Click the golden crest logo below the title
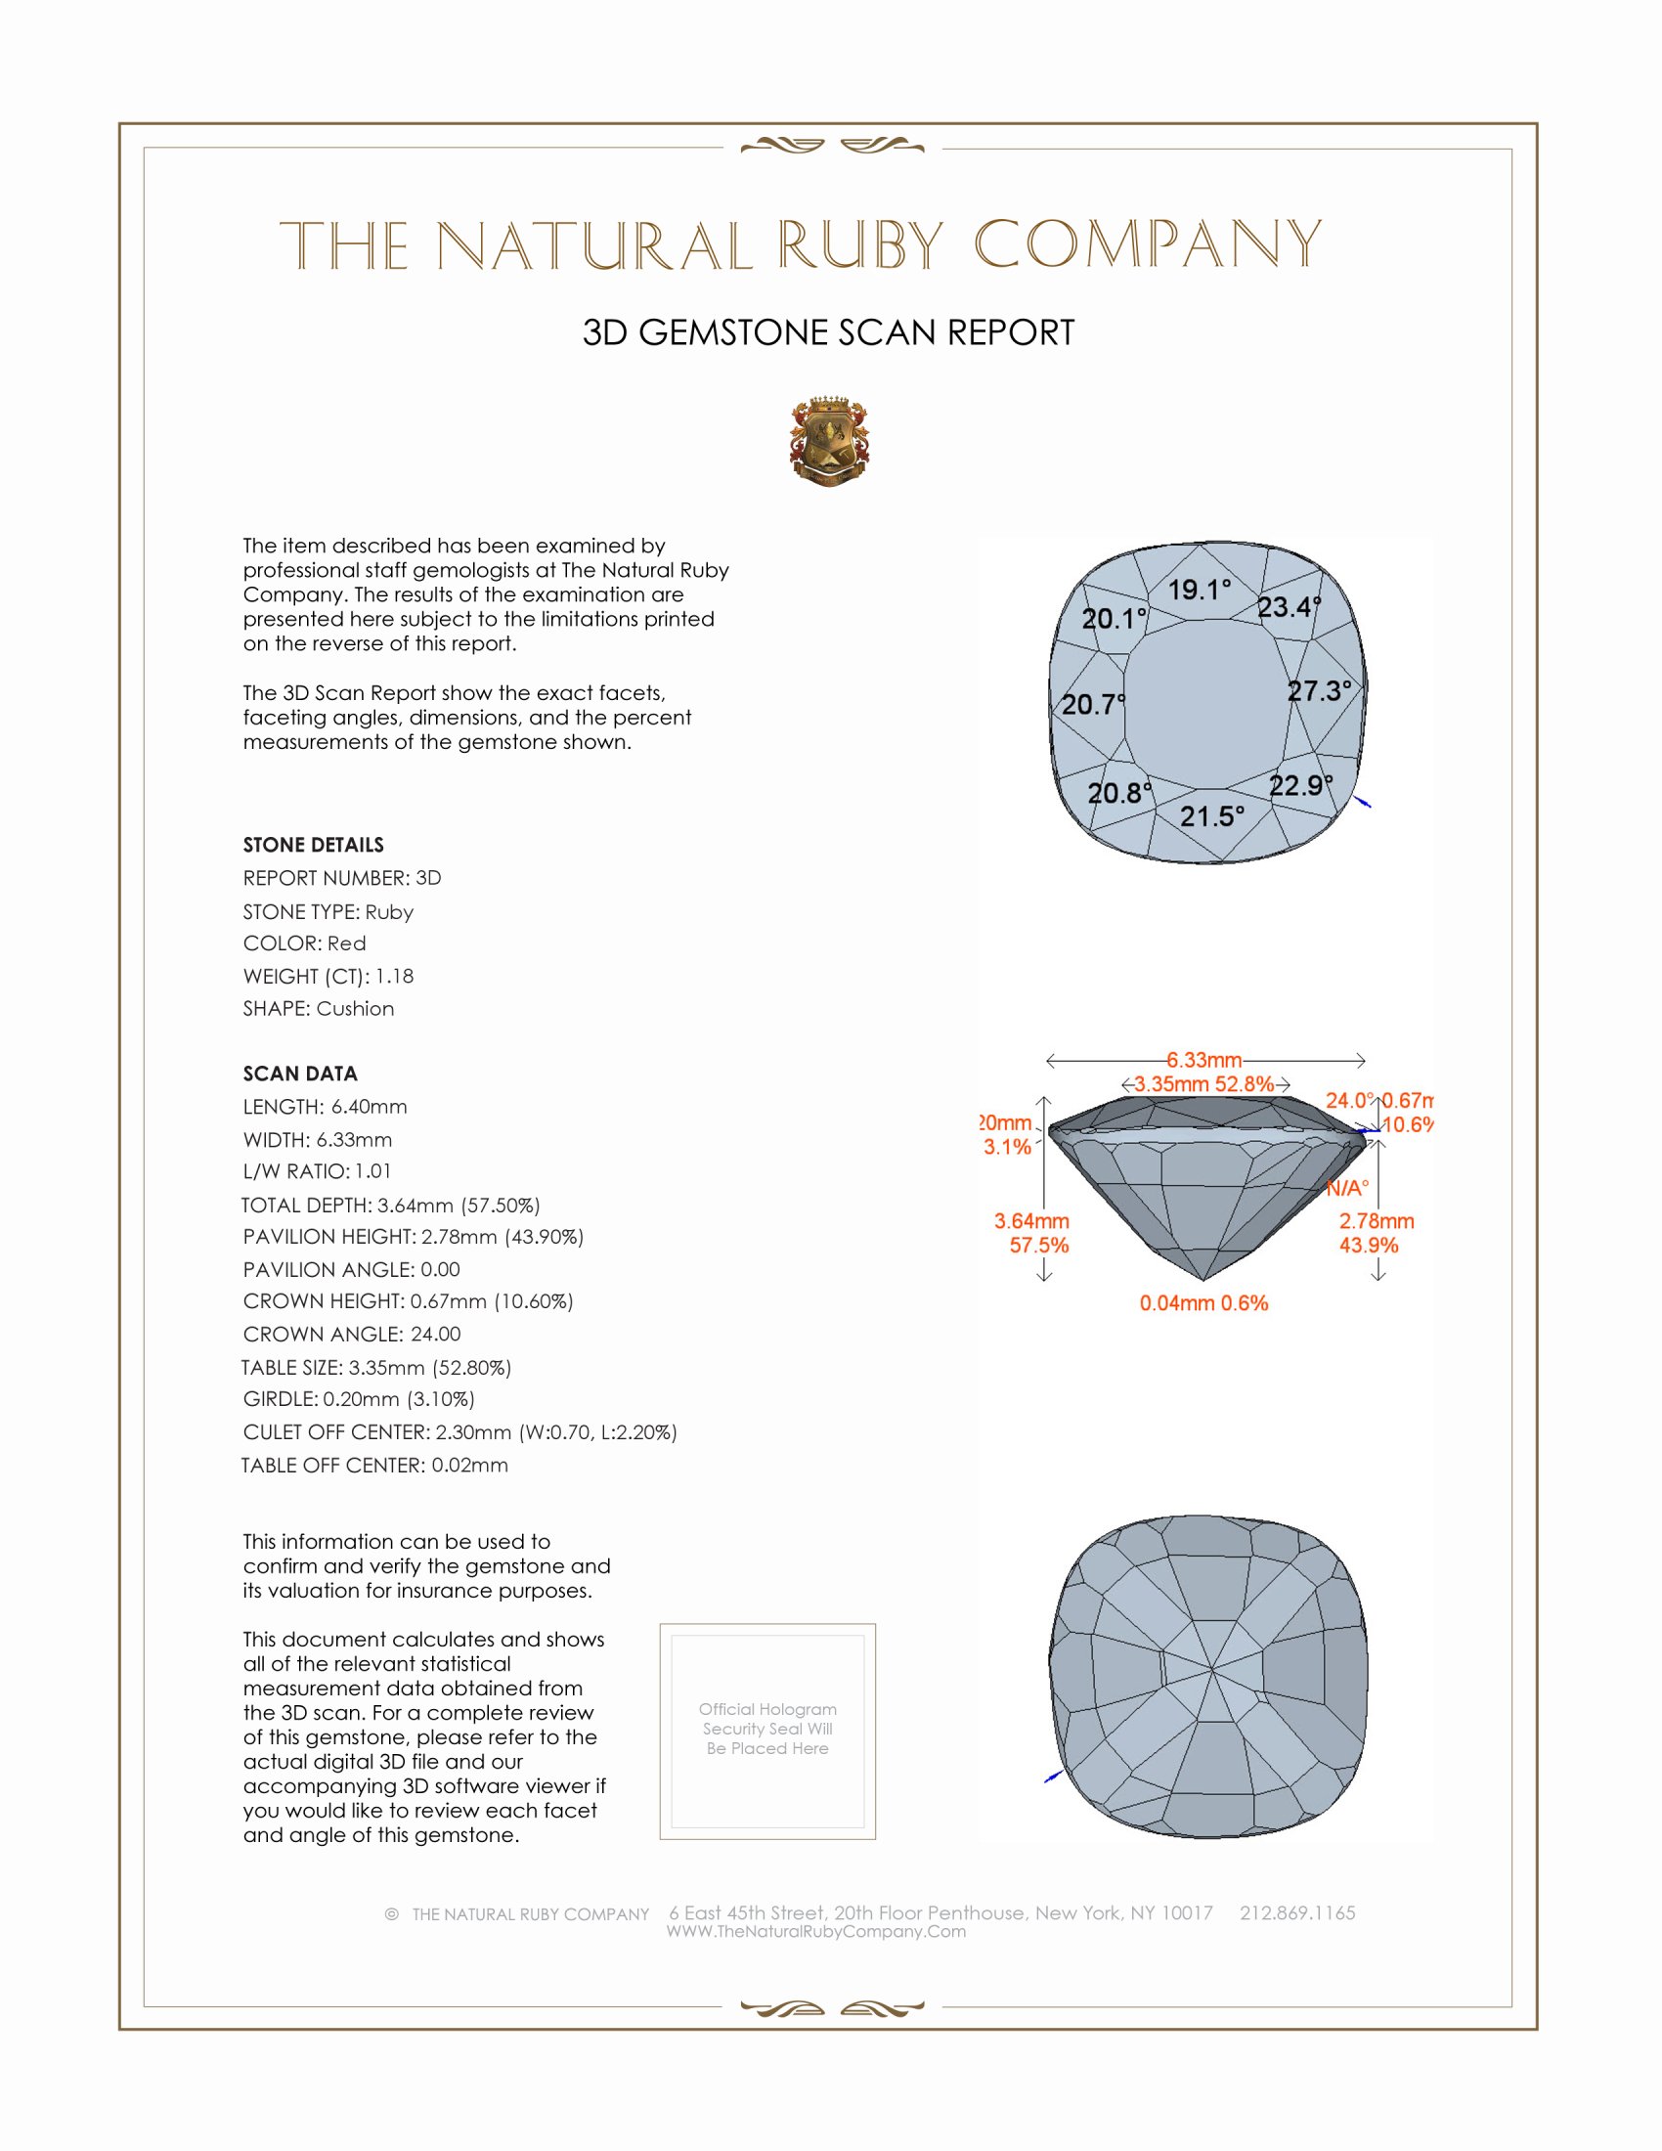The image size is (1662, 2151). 829,441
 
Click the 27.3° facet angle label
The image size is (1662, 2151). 1319,690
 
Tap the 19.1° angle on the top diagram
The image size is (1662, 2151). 1199,590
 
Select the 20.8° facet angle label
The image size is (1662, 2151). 1118,793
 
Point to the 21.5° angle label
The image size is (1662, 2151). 1211,815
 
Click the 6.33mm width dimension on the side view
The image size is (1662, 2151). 1204,1060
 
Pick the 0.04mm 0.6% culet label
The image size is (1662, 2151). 1203,1303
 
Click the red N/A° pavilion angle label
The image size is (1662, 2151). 1346,1188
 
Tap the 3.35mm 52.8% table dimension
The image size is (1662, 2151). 1203,1084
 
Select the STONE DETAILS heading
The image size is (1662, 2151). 313,845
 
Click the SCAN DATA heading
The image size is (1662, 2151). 299,1074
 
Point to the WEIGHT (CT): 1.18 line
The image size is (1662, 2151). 328,976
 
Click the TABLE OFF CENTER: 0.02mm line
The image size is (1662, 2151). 374,1465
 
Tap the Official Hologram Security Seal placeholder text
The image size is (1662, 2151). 767,1729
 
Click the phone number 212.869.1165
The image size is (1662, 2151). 1296,1912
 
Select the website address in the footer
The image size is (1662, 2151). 815,1931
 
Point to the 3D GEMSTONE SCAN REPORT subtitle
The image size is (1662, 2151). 828,332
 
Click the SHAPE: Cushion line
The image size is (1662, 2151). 318,1009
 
